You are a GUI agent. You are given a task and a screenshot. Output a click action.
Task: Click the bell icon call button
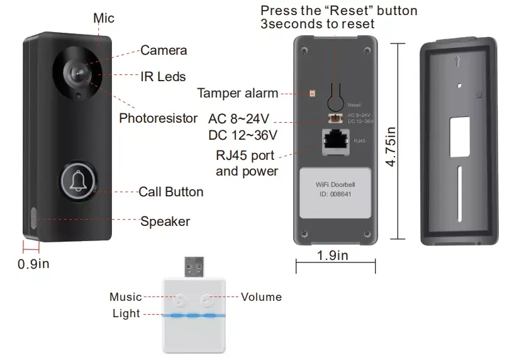click(78, 181)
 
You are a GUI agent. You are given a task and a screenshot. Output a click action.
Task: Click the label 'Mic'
click(104, 18)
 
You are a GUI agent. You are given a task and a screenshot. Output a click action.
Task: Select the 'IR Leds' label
click(163, 77)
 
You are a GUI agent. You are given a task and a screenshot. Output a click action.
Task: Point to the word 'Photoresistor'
click(159, 118)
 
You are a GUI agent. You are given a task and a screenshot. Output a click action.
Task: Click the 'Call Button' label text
click(170, 191)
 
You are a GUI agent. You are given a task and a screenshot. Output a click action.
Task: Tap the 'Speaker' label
click(165, 221)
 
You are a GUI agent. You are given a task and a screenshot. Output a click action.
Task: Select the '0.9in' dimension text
click(33, 264)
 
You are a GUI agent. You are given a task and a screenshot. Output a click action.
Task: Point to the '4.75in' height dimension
click(391, 145)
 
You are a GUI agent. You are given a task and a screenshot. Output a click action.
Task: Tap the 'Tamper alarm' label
click(237, 94)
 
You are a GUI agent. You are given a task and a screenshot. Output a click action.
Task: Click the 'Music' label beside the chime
click(126, 296)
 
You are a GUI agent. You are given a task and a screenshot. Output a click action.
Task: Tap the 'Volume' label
click(261, 296)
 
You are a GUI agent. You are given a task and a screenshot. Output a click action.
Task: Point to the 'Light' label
click(126, 313)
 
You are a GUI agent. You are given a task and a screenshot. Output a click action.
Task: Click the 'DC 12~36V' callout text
click(243, 135)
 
